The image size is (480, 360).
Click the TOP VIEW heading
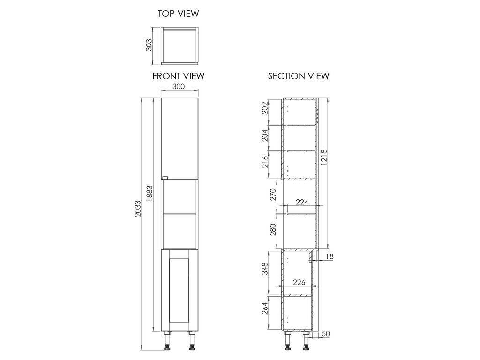point(178,14)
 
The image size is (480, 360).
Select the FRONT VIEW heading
point(179,76)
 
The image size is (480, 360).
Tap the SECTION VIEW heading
point(299,76)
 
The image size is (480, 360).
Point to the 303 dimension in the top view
point(149,45)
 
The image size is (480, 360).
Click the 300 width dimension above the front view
point(179,86)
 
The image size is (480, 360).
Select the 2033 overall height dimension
point(138,209)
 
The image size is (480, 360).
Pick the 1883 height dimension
point(150,194)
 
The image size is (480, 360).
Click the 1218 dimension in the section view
point(324,157)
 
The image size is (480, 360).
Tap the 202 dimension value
point(265,108)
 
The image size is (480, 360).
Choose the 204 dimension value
point(265,135)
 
